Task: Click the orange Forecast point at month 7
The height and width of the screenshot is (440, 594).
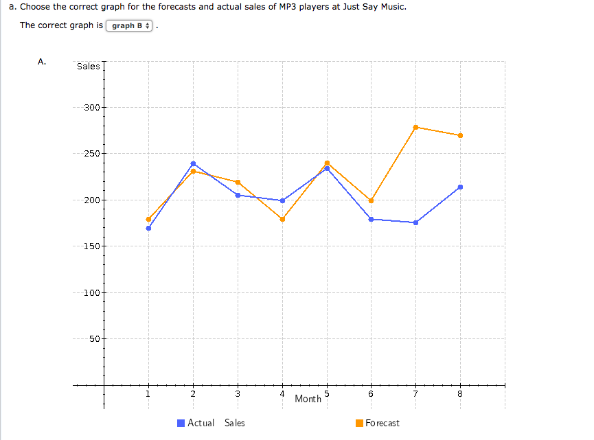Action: (415, 127)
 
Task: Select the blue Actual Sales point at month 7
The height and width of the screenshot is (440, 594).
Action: (415, 222)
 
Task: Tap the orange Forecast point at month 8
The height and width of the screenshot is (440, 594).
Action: (460, 135)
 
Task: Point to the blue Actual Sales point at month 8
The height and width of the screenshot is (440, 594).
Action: (460, 187)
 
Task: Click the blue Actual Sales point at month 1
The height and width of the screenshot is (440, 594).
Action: (148, 228)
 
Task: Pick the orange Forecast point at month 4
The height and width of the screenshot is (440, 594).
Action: (282, 219)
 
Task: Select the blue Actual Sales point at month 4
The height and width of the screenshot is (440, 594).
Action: (282, 200)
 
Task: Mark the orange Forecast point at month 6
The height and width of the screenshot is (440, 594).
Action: (371, 200)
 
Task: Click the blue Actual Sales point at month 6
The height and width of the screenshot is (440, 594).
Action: (371, 219)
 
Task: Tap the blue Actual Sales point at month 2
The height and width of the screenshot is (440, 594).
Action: (193, 163)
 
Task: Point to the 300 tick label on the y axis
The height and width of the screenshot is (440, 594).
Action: (91, 108)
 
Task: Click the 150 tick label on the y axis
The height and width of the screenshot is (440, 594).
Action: (91, 246)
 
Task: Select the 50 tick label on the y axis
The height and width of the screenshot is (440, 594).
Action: (94, 339)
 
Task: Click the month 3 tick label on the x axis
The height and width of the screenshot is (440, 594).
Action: (238, 394)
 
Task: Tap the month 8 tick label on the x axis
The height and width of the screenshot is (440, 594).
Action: (460, 394)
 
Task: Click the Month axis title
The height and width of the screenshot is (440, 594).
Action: (308, 399)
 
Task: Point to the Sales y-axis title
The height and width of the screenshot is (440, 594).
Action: (89, 67)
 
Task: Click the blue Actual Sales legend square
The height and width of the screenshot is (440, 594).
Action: (181, 423)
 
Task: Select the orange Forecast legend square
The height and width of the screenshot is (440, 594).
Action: (359, 423)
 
